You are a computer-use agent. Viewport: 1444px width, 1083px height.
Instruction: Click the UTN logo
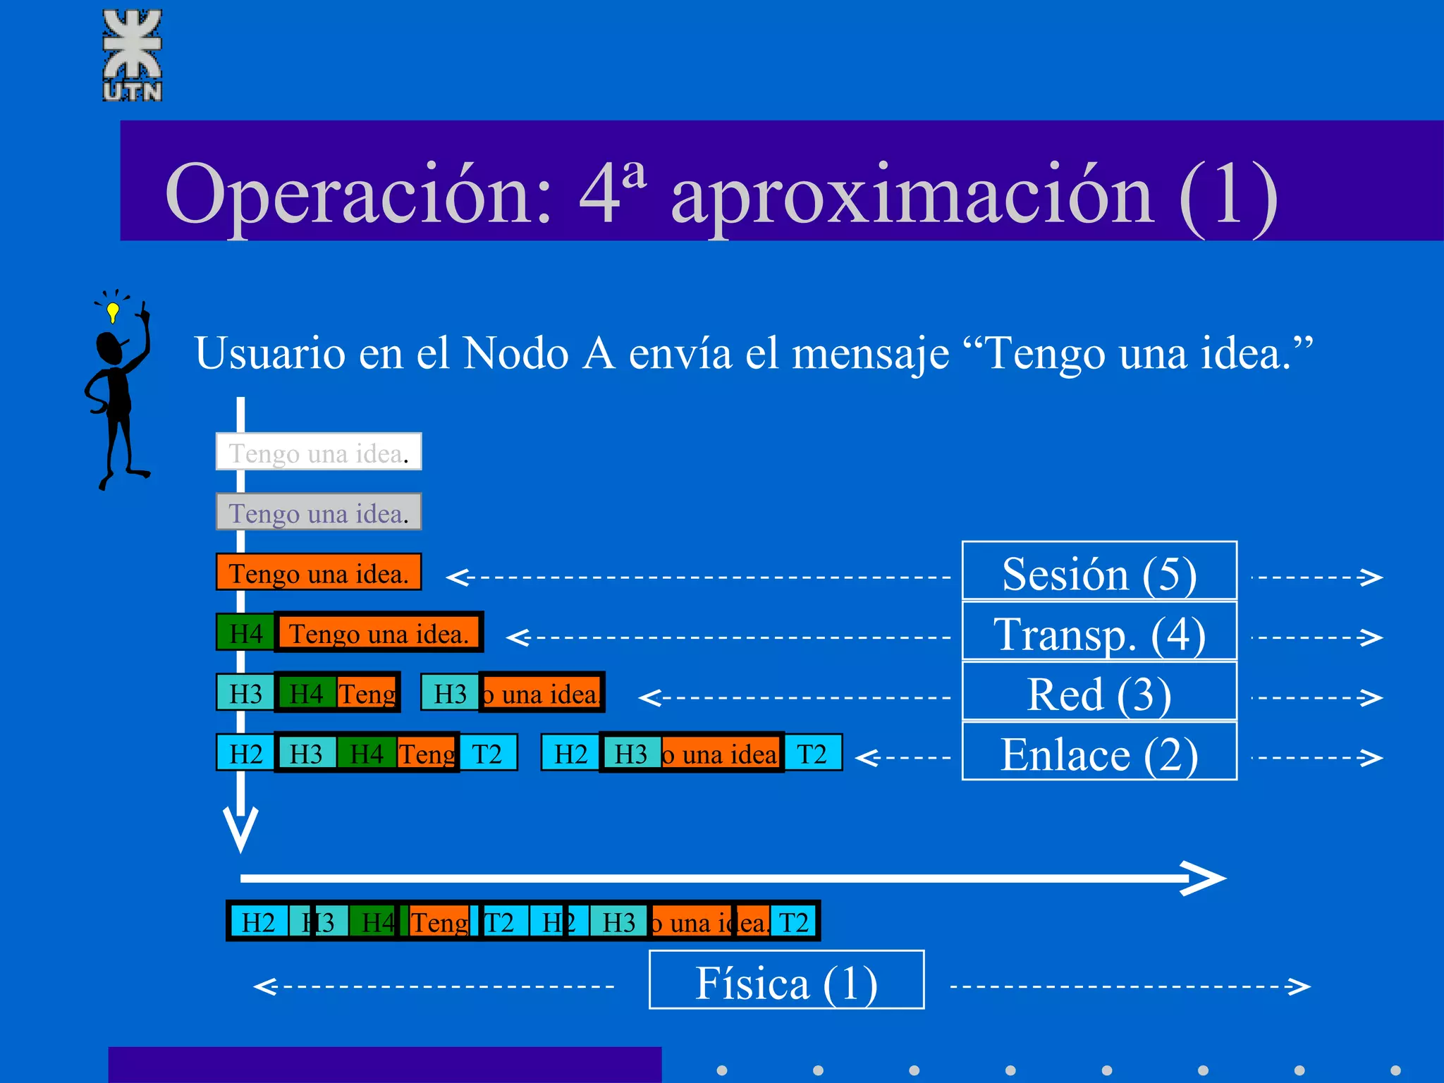click(x=133, y=55)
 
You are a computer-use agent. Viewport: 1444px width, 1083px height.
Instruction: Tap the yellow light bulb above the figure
click(x=113, y=311)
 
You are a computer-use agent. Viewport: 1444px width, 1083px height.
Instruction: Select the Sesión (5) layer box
click(x=1099, y=572)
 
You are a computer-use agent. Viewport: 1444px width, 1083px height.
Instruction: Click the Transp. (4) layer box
click(x=1099, y=632)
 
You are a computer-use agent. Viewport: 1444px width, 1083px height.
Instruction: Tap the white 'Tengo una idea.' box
click(x=319, y=452)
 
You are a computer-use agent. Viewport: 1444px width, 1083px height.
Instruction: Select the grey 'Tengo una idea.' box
click(x=319, y=512)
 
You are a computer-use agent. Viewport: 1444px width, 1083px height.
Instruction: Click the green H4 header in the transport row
click(x=245, y=632)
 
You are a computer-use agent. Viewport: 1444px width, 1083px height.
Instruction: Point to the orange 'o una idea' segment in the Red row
click(x=541, y=693)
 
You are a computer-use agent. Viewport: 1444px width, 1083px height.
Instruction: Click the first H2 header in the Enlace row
click(x=245, y=753)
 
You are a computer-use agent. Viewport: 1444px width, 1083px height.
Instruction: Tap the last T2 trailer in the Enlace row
click(x=812, y=753)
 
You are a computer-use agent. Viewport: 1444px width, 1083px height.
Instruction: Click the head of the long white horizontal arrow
click(x=1209, y=878)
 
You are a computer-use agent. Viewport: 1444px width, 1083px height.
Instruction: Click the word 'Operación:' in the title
click(x=358, y=194)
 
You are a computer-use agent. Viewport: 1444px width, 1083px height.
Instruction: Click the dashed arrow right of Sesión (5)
click(x=1317, y=577)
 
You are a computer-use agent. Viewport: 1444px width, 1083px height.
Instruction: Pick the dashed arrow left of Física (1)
click(x=434, y=986)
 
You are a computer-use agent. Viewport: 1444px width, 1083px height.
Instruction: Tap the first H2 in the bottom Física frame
click(x=259, y=922)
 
